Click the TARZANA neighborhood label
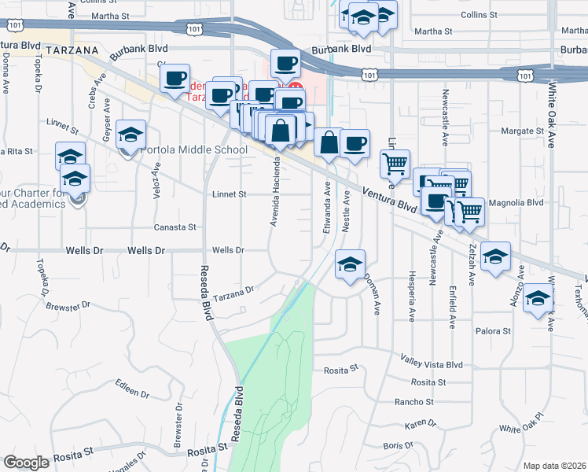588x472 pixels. [x=71, y=50]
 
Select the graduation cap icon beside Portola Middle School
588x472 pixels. [x=131, y=136]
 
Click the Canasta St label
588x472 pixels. [x=175, y=227]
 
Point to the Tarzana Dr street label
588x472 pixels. [x=234, y=289]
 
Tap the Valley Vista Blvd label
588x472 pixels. [x=432, y=364]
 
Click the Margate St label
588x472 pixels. [x=522, y=131]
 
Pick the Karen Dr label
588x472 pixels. [x=421, y=424]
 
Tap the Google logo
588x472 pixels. [x=27, y=463]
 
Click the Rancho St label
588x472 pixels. [x=414, y=401]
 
